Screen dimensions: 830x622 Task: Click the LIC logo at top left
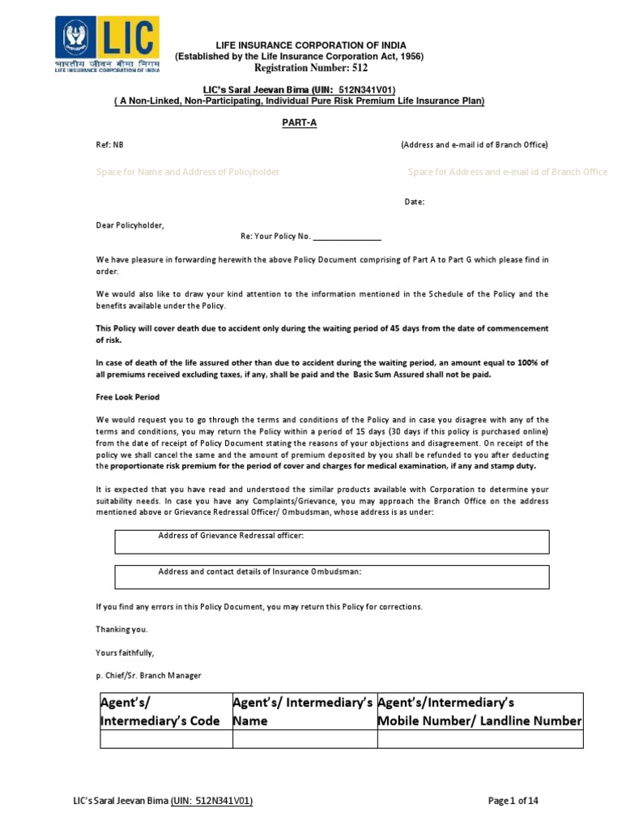[x=107, y=45]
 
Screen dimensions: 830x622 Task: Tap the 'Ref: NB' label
[x=110, y=144]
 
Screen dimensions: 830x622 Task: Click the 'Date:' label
[x=414, y=202]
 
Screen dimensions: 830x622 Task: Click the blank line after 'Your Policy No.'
[x=346, y=237]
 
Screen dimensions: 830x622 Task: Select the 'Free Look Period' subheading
[x=128, y=397]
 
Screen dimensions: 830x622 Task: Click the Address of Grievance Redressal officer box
[x=332, y=541]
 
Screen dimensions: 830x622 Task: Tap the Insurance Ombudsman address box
[x=332, y=576]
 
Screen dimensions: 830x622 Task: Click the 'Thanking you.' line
[x=122, y=629]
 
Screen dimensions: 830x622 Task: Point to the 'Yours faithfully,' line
[x=125, y=652]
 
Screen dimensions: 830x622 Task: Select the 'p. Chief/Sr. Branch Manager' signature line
[x=148, y=675]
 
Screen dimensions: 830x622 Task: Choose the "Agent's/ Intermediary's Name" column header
[x=303, y=711]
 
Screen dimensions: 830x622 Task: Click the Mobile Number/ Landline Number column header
[x=479, y=711]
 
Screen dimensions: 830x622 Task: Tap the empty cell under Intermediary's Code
[x=165, y=738]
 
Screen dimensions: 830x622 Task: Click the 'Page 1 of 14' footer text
[x=513, y=801]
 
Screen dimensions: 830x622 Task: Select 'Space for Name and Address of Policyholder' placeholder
[x=188, y=172]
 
